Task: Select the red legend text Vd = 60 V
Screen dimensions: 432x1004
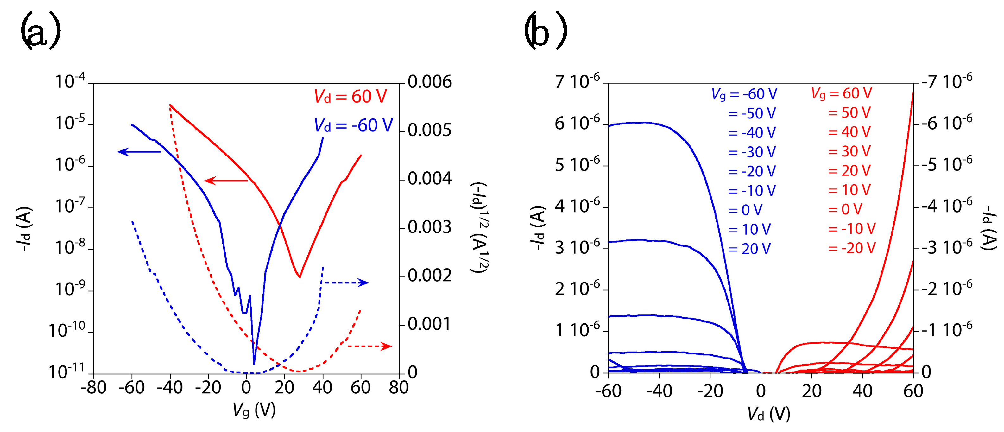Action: tap(350, 96)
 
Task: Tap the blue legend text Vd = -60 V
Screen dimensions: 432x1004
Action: tap(353, 125)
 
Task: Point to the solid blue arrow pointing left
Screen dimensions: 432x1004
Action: tap(139, 152)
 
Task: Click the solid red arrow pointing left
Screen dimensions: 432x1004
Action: tap(226, 181)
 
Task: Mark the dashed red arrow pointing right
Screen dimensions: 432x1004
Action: tap(369, 346)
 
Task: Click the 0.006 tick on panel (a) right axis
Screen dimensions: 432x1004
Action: tap(430, 82)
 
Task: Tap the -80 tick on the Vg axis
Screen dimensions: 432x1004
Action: tap(93, 388)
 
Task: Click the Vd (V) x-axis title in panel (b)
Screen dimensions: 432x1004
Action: tap(768, 414)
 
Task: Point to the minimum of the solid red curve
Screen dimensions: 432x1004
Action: tap(299, 277)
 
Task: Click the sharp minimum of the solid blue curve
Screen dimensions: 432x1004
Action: tap(254, 363)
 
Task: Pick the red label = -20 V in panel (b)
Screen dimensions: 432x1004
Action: tap(852, 248)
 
